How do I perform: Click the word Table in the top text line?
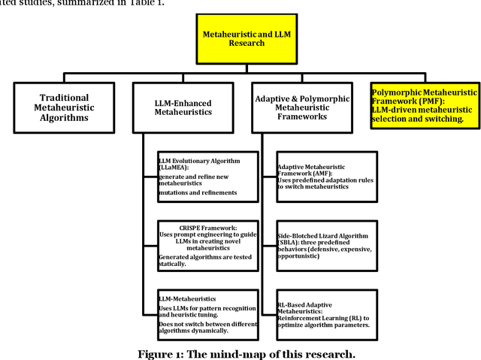(x=147, y=4)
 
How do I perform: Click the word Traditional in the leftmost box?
(x=64, y=97)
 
